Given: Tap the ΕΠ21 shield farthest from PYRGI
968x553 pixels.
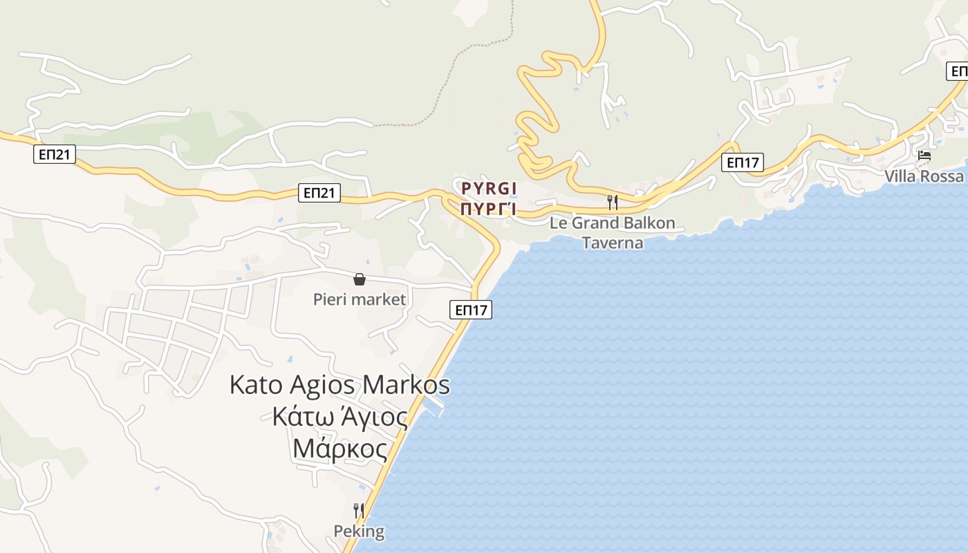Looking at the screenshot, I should [x=54, y=155].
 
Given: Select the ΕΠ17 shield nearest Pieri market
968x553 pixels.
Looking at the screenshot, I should [x=472, y=310].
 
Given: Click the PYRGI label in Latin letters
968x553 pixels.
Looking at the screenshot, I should [x=489, y=188].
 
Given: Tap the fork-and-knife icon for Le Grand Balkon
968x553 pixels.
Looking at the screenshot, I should [x=612, y=203].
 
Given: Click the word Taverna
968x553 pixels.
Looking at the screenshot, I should [x=612, y=243].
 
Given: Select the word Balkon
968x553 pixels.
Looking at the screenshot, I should [x=648, y=223].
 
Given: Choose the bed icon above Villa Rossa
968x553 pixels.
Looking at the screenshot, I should [x=924, y=156].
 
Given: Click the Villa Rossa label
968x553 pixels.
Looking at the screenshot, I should [x=924, y=176].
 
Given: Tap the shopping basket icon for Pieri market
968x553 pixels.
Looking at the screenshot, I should [x=360, y=279].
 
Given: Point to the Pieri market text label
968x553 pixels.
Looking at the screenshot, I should [x=360, y=299].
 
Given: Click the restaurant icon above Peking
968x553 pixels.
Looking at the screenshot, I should [x=359, y=511].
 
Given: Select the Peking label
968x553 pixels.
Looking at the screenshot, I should [x=359, y=532].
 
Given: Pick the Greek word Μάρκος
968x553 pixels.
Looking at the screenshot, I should [x=339, y=449].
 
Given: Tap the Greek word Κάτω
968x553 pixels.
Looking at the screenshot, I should [x=299, y=417].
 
